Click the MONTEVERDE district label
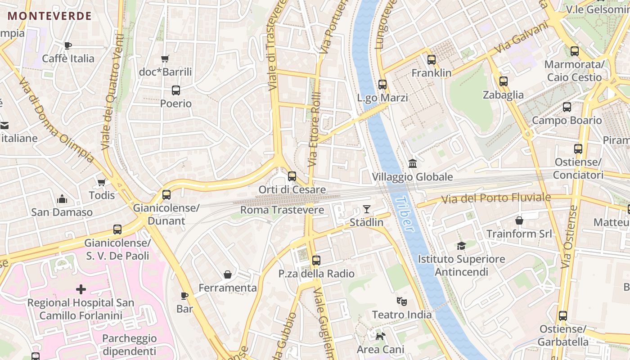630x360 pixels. [49, 16]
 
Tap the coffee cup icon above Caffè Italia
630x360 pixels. [68, 45]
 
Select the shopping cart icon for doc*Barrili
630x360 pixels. [165, 58]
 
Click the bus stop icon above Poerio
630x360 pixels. [175, 90]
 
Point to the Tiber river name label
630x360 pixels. [404, 213]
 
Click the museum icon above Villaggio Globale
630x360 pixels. [412, 163]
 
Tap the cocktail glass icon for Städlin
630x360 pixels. [367, 209]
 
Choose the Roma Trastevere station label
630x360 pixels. [282, 210]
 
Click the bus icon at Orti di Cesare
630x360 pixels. [292, 176]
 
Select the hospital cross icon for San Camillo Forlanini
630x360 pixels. [81, 289]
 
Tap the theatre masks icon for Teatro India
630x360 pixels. [401, 301]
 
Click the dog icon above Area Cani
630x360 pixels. [380, 336]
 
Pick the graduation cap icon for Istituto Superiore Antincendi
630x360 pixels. [461, 246]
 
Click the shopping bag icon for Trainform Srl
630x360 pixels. [519, 220]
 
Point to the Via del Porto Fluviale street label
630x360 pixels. [495, 198]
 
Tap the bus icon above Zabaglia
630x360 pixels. [503, 81]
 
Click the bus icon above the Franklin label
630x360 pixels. [432, 59]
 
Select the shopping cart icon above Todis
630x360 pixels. [102, 182]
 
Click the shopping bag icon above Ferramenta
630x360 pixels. [228, 274]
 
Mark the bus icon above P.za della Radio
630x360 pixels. [316, 260]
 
